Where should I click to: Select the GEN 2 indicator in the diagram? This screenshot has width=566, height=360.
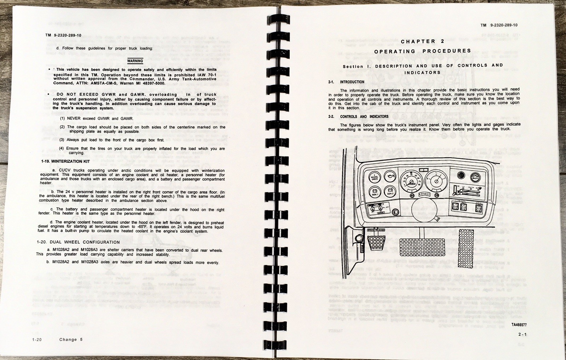390,191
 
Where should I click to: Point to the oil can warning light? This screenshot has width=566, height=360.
390,176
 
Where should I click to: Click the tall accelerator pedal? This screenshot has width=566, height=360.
469,248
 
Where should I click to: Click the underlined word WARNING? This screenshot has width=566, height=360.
135,61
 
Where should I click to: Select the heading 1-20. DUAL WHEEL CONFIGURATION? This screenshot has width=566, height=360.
78,242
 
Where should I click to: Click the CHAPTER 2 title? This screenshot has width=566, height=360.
422,41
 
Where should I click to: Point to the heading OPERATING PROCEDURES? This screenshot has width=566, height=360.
423,51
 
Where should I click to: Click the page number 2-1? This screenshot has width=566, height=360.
522,334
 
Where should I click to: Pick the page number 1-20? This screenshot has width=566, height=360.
36,339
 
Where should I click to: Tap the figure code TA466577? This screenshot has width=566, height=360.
519,325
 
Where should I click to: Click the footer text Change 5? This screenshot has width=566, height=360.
71,339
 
